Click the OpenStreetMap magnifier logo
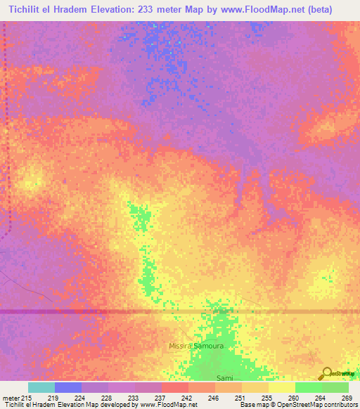[326, 373]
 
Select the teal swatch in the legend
[41, 387]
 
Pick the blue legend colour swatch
[68, 387]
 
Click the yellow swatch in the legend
[282, 387]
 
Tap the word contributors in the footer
[338, 405]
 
